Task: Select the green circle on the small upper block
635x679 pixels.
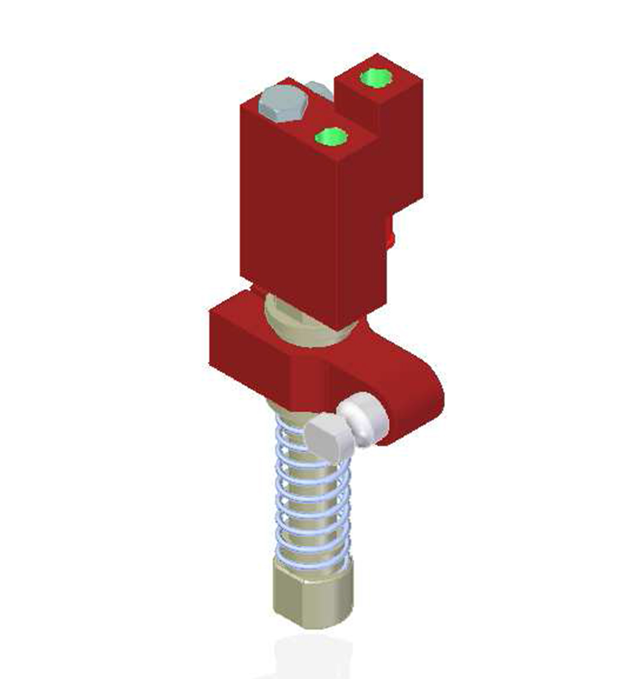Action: [x=375, y=78]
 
